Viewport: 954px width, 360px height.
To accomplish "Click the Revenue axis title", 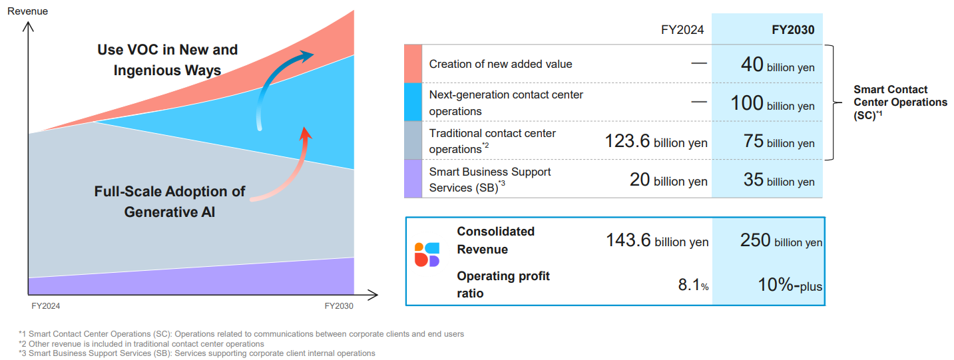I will (x=27, y=11).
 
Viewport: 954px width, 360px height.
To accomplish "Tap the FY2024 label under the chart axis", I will (x=46, y=306).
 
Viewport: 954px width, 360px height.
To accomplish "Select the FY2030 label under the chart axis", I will (x=339, y=306).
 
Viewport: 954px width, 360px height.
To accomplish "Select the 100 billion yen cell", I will (x=773, y=103).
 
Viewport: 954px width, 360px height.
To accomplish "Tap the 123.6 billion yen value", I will (x=656, y=142).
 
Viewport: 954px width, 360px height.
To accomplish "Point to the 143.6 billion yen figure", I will (x=657, y=240).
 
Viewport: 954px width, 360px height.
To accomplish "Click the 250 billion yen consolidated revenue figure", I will (x=781, y=240).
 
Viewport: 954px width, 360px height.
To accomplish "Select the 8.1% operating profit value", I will (x=693, y=285).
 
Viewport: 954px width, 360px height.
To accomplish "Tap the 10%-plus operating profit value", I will (x=790, y=285).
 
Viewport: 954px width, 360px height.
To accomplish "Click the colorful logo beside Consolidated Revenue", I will (x=427, y=255).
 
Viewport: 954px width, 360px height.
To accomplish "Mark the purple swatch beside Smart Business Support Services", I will (x=413, y=179).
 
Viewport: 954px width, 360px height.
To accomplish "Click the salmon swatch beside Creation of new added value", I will (x=413, y=64).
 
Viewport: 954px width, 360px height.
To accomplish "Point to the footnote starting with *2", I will (x=141, y=343).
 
